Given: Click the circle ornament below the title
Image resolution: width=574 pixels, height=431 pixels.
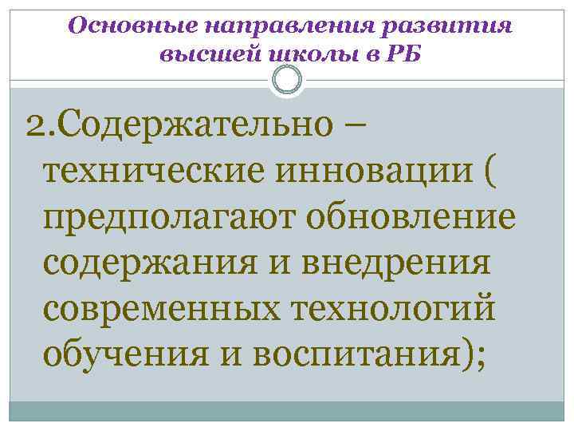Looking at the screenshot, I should click(286, 79).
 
